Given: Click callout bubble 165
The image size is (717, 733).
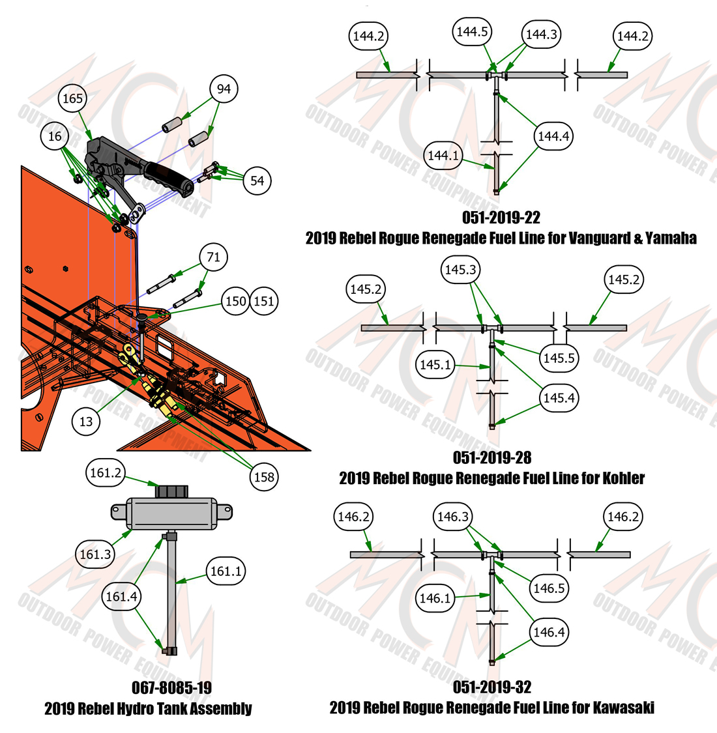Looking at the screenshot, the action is click(72, 98).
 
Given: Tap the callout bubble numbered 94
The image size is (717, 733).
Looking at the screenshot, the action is click(224, 89).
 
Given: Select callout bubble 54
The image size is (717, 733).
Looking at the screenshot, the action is click(257, 181).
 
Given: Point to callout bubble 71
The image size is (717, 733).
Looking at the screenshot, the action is click(213, 257).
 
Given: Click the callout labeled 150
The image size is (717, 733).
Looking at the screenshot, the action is click(236, 301).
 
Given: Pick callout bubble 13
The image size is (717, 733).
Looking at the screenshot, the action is click(86, 422).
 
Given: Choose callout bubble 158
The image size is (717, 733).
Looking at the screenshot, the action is click(264, 478).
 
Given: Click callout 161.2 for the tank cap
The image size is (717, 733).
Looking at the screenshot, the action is click(106, 472).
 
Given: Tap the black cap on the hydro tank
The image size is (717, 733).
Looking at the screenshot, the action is click(171, 492).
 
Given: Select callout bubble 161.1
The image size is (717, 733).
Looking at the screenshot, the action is click(226, 571).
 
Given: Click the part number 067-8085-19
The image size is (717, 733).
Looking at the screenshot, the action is click(171, 687).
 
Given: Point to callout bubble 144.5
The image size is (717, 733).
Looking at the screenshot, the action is click(473, 32).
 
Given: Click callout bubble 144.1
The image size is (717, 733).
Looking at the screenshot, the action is click(443, 155).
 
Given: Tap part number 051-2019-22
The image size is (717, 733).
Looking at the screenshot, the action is click(501, 218).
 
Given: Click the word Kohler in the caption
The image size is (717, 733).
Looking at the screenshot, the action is click(623, 478).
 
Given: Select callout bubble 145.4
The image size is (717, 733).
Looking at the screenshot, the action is click(559, 398).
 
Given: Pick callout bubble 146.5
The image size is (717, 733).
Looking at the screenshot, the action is click(549, 588).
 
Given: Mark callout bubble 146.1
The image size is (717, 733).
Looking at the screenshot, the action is click(435, 598).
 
